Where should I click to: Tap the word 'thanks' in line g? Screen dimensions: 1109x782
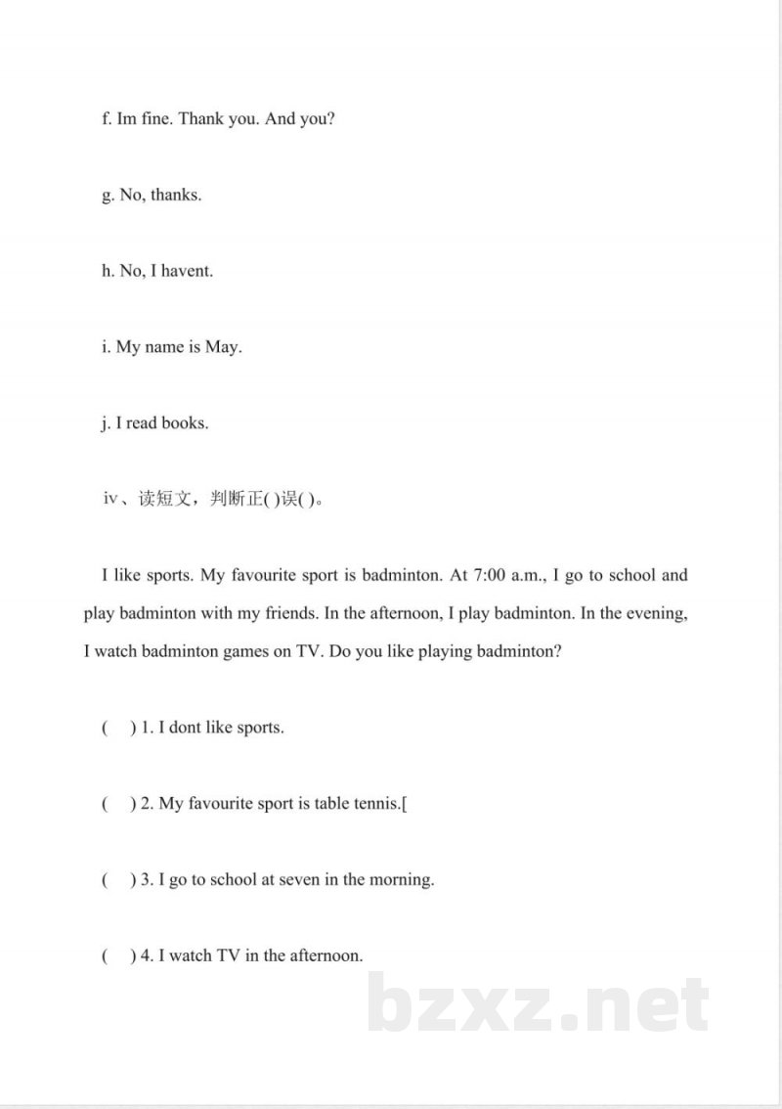click(x=176, y=195)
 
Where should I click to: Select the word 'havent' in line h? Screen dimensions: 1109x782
click(x=187, y=271)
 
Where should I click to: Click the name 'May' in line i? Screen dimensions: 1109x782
click(x=222, y=347)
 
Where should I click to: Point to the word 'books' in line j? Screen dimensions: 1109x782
click(x=185, y=423)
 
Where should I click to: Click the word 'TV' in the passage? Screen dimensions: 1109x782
click(x=309, y=651)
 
